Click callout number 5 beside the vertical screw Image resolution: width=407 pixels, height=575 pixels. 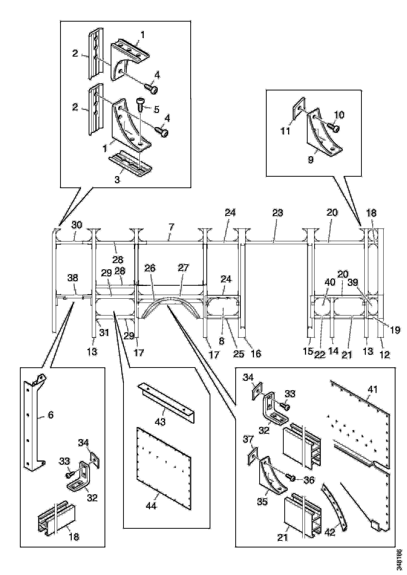coord(156,109)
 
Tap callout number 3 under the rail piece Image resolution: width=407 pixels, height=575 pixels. coord(117,180)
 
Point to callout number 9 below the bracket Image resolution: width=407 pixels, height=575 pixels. coord(311,159)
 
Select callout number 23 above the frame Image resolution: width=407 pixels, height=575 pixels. coord(278,213)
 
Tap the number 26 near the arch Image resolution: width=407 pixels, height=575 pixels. coord(150,268)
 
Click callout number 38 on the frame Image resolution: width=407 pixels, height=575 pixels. coord(73,278)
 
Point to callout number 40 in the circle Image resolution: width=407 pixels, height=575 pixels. coord(330,282)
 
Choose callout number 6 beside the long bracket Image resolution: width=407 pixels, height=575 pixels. coord(51,415)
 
